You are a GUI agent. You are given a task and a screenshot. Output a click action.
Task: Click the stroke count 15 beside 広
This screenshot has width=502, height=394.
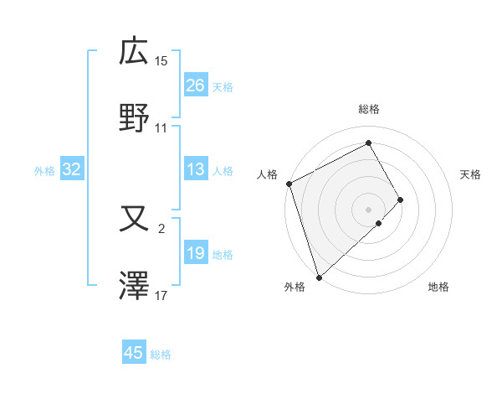click(161, 60)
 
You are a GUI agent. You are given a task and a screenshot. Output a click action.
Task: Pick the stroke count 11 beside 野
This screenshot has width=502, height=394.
click(161, 128)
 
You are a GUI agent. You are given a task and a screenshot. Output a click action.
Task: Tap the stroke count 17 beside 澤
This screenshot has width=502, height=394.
click(161, 296)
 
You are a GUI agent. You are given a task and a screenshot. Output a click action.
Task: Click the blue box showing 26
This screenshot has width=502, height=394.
click(196, 86)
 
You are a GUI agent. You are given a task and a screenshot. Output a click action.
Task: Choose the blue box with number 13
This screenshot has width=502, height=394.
click(196, 169)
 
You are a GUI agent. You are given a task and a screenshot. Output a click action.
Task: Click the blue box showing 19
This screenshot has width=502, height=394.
click(196, 253)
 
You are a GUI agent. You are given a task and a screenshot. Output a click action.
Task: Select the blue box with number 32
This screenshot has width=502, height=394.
click(72, 169)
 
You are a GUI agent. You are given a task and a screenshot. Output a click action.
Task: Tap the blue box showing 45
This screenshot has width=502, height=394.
click(134, 353)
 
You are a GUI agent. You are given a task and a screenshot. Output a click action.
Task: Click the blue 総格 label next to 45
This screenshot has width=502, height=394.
click(161, 355)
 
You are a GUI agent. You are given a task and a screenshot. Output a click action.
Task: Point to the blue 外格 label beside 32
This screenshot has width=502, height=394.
click(44, 171)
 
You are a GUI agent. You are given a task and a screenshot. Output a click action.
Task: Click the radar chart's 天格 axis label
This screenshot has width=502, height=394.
click(471, 174)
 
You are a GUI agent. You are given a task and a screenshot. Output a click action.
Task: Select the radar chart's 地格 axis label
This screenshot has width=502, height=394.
click(438, 288)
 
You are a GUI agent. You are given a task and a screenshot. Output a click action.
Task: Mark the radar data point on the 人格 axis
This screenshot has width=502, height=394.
click(289, 184)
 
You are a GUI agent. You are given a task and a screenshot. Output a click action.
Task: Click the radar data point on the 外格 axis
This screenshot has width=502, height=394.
click(319, 276)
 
